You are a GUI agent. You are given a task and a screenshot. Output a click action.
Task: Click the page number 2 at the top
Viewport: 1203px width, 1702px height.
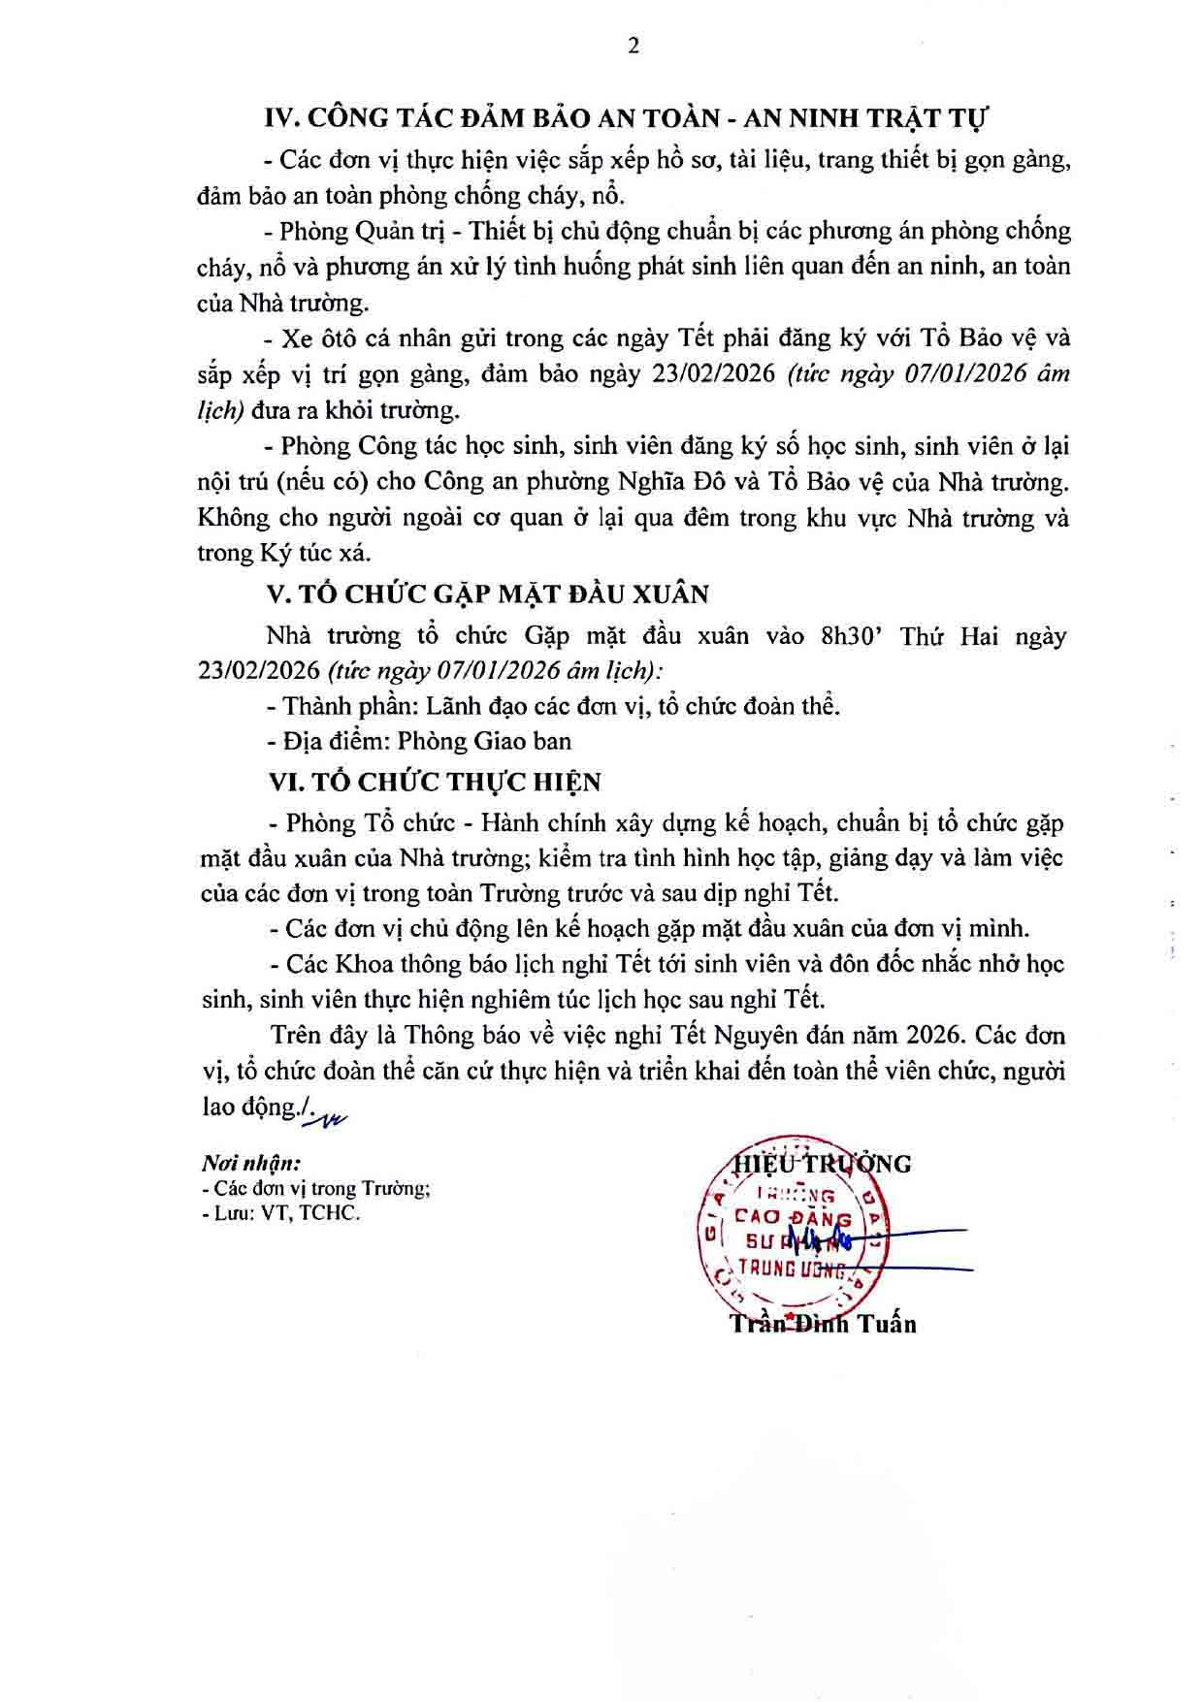point(634,47)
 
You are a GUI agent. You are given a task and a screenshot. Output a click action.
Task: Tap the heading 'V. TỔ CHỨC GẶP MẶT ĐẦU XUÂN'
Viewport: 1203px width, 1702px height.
point(489,594)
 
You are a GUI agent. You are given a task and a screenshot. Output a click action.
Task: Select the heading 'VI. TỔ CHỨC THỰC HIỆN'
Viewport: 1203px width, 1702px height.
point(435,782)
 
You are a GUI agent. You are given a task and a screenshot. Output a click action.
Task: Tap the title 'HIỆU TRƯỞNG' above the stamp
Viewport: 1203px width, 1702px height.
point(823,1163)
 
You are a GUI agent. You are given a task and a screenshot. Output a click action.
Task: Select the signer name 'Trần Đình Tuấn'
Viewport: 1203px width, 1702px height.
point(824,1323)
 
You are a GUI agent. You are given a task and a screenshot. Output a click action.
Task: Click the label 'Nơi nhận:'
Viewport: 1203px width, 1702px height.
point(250,1163)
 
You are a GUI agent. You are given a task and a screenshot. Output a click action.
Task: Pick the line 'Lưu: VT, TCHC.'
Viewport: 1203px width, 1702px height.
point(281,1212)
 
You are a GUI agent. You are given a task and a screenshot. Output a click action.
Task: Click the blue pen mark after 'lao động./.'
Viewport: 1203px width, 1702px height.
point(325,1118)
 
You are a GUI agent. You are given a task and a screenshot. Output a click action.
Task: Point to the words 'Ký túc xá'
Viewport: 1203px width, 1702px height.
point(314,553)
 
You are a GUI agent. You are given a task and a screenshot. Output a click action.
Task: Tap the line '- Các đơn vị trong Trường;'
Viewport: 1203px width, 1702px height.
point(315,1188)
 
